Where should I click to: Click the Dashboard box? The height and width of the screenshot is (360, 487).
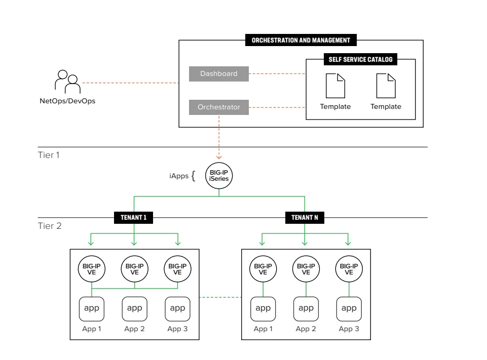point(219,74)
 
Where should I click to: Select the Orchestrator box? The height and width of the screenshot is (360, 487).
point(219,107)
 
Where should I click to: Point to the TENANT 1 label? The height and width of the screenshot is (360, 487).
point(134,218)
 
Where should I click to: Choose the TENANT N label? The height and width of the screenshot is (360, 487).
point(305,218)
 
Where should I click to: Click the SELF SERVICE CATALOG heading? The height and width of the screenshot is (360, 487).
point(360,59)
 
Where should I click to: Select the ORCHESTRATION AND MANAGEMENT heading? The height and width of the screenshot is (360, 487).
point(301,40)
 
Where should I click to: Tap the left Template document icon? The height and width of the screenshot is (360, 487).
point(335,86)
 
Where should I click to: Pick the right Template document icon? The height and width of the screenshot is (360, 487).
point(386,86)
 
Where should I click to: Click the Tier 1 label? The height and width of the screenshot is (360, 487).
point(49,155)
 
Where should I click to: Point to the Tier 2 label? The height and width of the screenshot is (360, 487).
point(49,226)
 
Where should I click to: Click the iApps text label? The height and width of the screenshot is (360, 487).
point(178,176)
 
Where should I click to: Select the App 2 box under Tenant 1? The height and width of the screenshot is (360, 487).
point(134,309)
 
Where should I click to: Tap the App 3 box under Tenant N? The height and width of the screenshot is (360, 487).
point(349,309)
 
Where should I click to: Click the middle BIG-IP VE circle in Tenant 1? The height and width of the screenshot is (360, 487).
point(134,269)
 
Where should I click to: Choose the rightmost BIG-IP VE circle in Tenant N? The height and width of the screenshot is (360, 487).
point(349,269)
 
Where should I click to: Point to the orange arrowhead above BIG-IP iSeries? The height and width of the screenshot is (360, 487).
point(219,157)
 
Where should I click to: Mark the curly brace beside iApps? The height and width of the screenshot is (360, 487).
point(193,177)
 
